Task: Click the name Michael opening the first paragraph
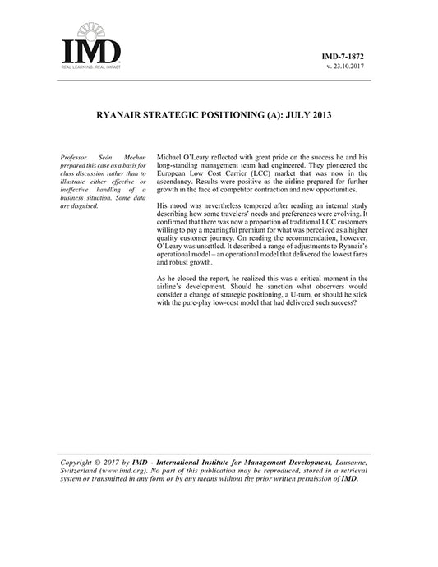[x=171, y=154]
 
